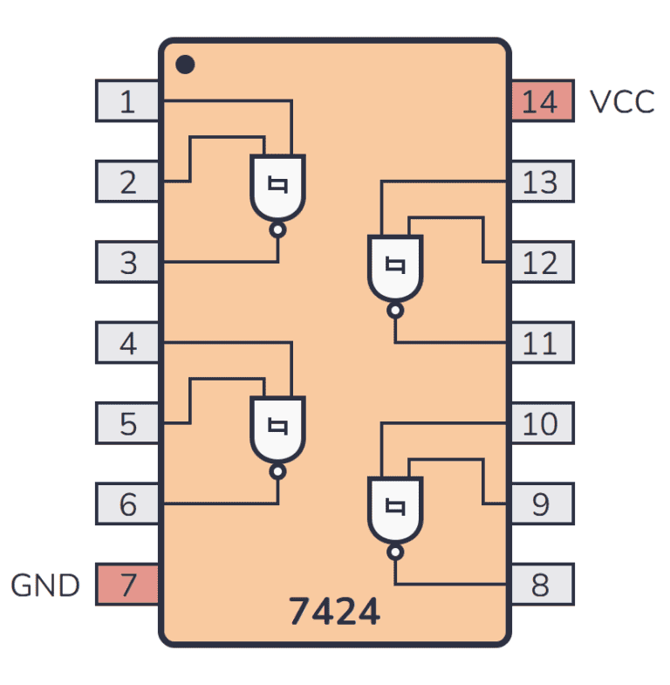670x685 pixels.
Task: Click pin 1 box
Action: coord(126,101)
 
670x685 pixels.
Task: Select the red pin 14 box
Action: coord(542,101)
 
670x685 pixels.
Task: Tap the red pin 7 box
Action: coord(126,585)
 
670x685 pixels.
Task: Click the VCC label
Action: coord(622,102)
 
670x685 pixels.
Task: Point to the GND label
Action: coord(45,586)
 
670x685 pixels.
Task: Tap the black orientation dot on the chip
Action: coord(185,65)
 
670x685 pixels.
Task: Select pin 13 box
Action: coord(542,182)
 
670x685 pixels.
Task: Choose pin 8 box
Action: coord(542,585)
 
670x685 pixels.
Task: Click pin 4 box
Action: coord(126,343)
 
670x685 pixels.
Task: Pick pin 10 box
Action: coord(542,423)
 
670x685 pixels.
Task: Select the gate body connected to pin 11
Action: coord(395,267)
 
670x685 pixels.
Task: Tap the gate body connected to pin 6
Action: coord(278,428)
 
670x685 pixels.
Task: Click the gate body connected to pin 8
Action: coord(395,509)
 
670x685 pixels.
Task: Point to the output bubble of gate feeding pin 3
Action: coord(278,230)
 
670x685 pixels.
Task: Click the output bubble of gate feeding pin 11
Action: coord(395,311)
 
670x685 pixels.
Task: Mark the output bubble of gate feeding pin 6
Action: coord(278,472)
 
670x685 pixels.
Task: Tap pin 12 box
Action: coord(542,262)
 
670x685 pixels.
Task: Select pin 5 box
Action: coord(126,423)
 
